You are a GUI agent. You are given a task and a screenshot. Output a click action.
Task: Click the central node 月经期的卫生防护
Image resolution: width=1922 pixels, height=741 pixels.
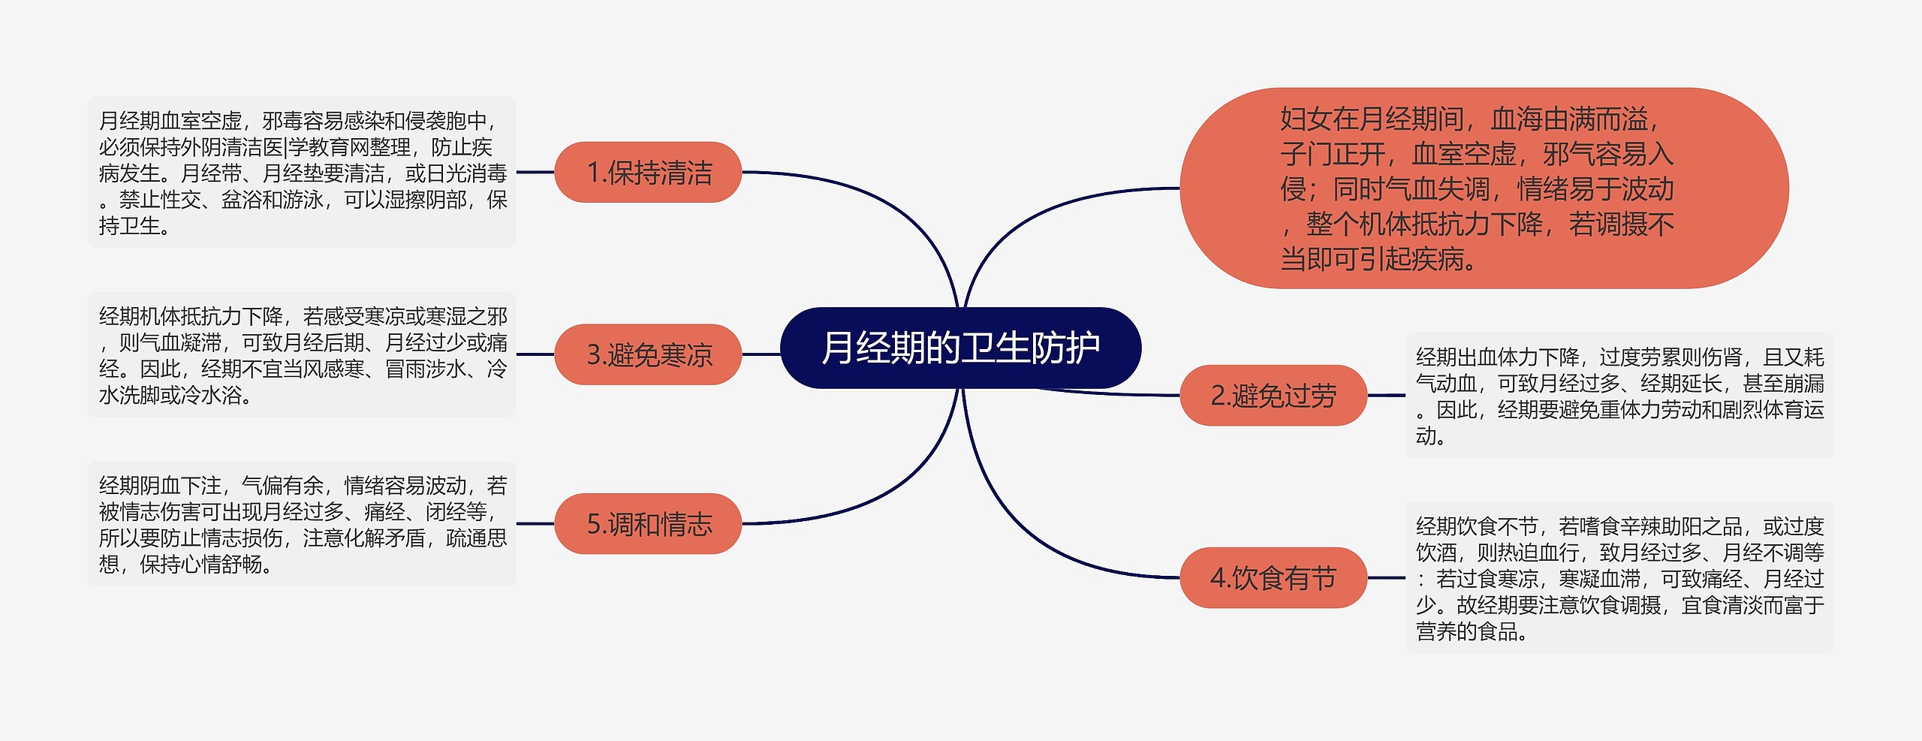click(960, 348)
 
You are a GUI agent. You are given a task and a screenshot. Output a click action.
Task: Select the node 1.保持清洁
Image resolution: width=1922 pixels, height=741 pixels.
click(648, 173)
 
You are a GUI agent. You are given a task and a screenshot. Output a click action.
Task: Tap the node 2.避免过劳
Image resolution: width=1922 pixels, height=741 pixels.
click(1273, 396)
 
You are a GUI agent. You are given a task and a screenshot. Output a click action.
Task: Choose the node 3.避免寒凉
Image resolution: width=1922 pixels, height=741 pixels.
click(648, 354)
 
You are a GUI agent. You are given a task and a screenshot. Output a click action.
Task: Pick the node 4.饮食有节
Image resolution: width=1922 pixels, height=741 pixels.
click(1273, 578)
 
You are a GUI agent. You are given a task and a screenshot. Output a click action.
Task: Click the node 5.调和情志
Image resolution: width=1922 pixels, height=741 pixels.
click(648, 524)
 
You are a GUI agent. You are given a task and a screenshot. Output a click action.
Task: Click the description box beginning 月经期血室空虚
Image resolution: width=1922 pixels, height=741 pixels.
click(302, 173)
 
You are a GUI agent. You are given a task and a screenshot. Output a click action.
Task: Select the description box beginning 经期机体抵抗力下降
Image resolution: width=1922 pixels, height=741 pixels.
click(302, 354)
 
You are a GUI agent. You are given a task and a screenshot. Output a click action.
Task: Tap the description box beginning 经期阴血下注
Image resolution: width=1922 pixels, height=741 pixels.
click(302, 524)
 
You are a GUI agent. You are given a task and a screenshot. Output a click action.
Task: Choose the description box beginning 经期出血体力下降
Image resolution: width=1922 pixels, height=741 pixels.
click(1619, 396)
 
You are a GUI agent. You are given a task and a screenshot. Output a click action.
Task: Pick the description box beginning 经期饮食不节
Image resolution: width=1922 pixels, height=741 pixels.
click(1619, 578)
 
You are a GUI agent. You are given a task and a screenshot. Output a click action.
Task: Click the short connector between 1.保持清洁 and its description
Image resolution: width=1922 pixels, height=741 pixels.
click(535, 173)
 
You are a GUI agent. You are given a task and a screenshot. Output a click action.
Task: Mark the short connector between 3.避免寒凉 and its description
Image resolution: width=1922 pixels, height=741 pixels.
click(535, 354)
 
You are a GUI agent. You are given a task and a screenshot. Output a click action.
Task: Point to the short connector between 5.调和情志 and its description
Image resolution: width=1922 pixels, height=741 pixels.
click(535, 524)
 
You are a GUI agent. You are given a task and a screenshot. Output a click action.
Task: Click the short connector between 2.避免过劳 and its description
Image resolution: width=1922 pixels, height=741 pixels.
click(1386, 396)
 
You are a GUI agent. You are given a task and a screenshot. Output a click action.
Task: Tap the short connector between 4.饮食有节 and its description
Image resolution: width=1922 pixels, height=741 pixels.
click(1386, 578)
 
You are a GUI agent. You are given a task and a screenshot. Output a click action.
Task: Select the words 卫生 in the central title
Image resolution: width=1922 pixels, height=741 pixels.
click(995, 348)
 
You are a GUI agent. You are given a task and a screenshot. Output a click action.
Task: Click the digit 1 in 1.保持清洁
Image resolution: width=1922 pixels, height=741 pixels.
click(593, 173)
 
